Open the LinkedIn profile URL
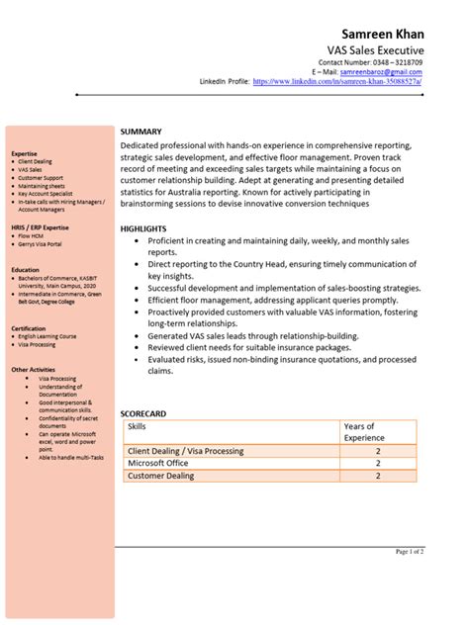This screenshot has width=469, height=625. coord(337,81)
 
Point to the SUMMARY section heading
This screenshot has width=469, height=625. coord(141,132)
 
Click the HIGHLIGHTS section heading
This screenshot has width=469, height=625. coord(143,228)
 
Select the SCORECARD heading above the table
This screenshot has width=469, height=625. coord(143,412)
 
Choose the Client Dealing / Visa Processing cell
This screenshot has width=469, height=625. coord(185,450)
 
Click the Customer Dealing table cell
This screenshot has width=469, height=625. coord(161,476)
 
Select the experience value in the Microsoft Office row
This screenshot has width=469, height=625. coord(377,463)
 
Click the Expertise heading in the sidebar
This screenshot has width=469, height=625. coord(25,154)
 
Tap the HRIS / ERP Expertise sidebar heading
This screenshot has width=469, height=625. coord(40,227)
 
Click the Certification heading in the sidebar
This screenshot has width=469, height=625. coord(29,327)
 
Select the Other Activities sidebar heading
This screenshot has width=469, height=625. coord(34,369)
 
